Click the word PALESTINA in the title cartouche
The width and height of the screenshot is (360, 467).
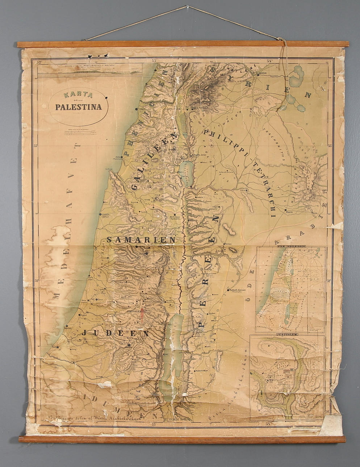tap(79, 107)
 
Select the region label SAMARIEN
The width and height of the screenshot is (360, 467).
tap(141, 240)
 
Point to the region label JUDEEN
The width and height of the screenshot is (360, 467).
tap(115, 333)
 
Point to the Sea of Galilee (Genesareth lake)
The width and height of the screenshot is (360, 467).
tap(185, 170)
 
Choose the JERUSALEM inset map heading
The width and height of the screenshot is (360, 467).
tap(286, 335)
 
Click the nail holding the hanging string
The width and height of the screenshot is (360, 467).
tap(187, 7)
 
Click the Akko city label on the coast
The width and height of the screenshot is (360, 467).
tap(118, 157)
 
